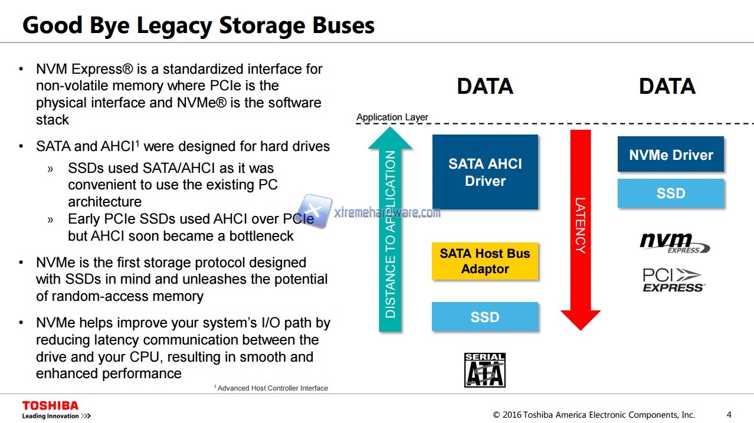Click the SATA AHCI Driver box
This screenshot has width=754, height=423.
point(485,172)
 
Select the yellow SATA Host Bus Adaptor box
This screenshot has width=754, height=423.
point(485,261)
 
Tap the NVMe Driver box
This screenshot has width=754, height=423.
point(671,155)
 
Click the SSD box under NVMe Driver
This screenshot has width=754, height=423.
point(671,194)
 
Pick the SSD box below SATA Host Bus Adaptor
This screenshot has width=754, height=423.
point(485,317)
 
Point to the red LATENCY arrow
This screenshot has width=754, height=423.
point(580,230)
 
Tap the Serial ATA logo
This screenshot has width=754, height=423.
point(485,370)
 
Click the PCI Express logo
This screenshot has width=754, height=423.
point(673,280)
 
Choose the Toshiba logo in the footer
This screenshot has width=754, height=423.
point(51,406)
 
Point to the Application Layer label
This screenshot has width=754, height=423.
point(392,117)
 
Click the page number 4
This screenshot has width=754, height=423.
point(729,414)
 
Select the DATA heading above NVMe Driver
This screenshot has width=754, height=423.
point(667,87)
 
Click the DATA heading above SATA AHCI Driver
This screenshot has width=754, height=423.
point(485,87)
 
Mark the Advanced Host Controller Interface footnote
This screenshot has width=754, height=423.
point(271,388)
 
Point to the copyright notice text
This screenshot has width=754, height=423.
point(594,414)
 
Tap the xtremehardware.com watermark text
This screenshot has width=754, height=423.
point(387,212)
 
